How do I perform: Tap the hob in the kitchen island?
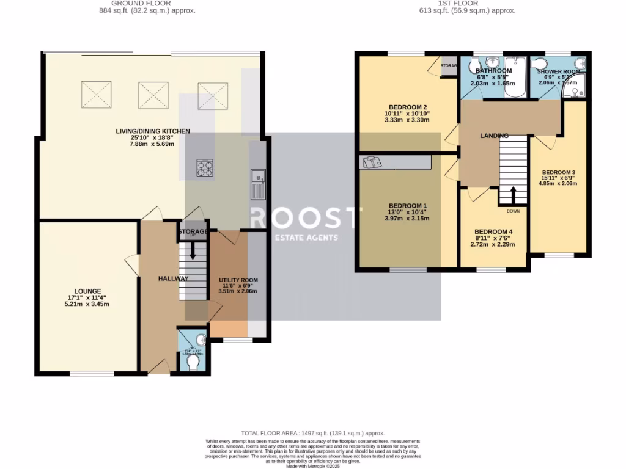click(205, 167)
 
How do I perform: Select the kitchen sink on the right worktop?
click(257, 184)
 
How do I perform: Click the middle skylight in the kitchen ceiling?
click(153, 95)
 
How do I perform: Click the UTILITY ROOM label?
click(238, 280)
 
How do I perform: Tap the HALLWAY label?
click(173, 278)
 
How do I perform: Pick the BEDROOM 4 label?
click(493, 231)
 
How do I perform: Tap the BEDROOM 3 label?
click(559, 172)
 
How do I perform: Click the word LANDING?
click(495, 135)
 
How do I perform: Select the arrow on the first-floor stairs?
click(512, 195)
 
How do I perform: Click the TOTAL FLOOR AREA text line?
click(312, 431)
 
